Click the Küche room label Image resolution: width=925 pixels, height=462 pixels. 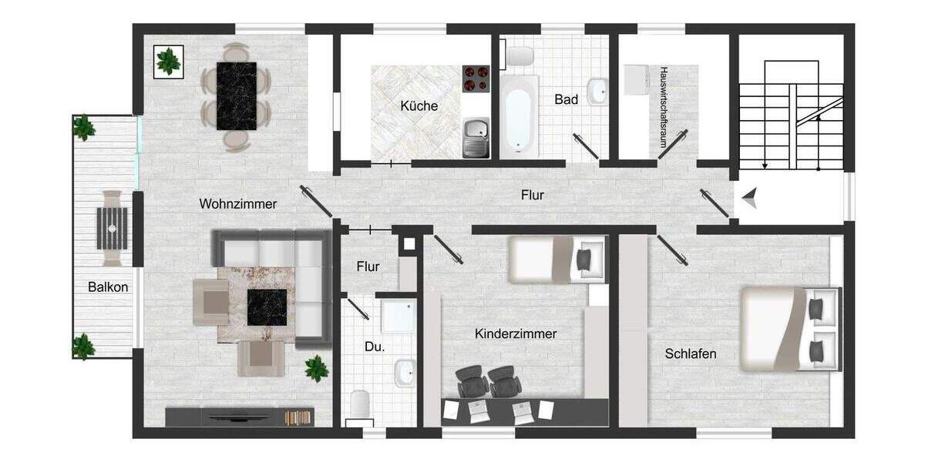point(419,106)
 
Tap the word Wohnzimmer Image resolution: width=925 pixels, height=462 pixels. point(237,204)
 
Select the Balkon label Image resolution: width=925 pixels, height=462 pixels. point(108,287)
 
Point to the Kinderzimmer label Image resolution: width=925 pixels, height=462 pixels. point(516,333)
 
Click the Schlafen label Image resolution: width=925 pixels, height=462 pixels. point(691,354)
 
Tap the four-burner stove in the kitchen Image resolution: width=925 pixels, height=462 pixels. point(476,78)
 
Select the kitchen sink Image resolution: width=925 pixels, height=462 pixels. point(475,137)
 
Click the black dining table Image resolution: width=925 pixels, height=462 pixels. point(237,95)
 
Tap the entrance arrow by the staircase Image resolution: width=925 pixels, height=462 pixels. point(751,202)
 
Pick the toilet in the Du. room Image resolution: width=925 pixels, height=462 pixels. point(360,404)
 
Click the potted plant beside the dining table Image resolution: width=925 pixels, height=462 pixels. point(168,60)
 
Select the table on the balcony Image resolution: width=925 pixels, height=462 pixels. point(113,227)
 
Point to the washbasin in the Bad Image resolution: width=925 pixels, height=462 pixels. point(597,92)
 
